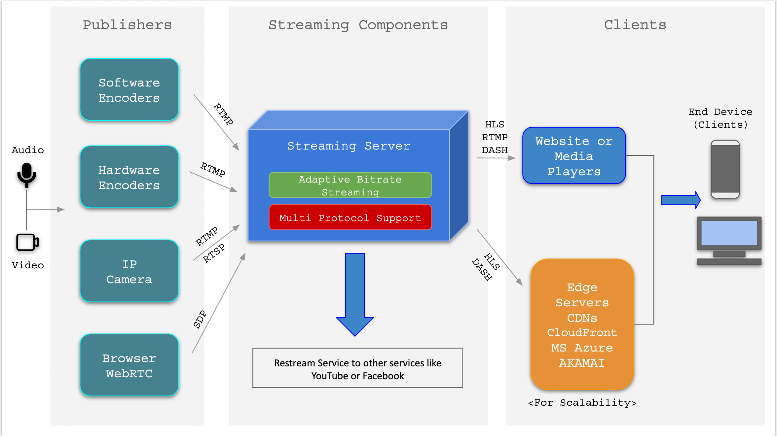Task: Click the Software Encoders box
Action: (129, 90)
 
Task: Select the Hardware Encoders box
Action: (129, 177)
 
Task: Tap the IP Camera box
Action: (129, 271)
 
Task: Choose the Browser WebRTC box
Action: (129, 365)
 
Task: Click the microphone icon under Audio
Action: (27, 174)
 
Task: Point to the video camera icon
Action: (27, 242)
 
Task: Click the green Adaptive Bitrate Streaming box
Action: (350, 185)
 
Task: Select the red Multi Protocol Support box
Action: (350, 218)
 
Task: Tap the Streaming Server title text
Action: (349, 146)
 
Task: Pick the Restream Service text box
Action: (357, 368)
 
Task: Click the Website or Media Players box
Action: (574, 156)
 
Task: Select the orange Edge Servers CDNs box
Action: (582, 324)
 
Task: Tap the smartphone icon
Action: (725, 169)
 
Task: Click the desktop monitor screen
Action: (729, 233)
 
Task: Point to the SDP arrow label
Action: (200, 319)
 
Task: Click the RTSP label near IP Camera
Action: (214, 253)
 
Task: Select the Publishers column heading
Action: (127, 25)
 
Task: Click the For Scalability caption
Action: (582, 403)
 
